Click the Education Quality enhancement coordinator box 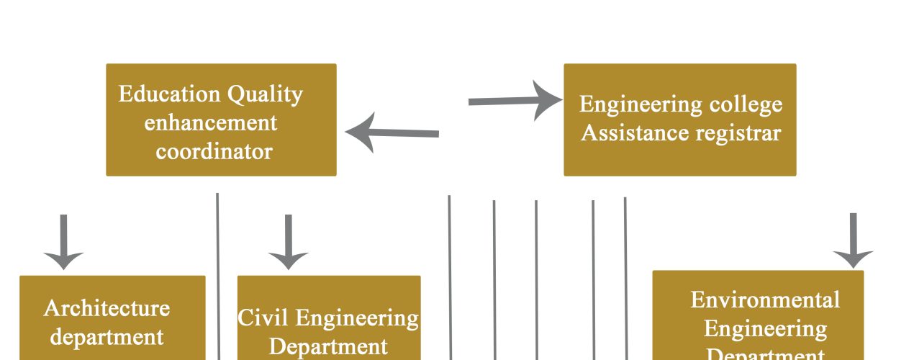[x=221, y=120]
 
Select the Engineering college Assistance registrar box [x=679, y=120]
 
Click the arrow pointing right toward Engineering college [x=515, y=101]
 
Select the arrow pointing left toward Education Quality [x=392, y=132]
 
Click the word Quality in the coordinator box [x=266, y=94]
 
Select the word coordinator [x=214, y=152]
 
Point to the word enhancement [x=210, y=122]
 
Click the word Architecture [x=107, y=308]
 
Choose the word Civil [x=263, y=318]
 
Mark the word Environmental [x=765, y=299]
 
